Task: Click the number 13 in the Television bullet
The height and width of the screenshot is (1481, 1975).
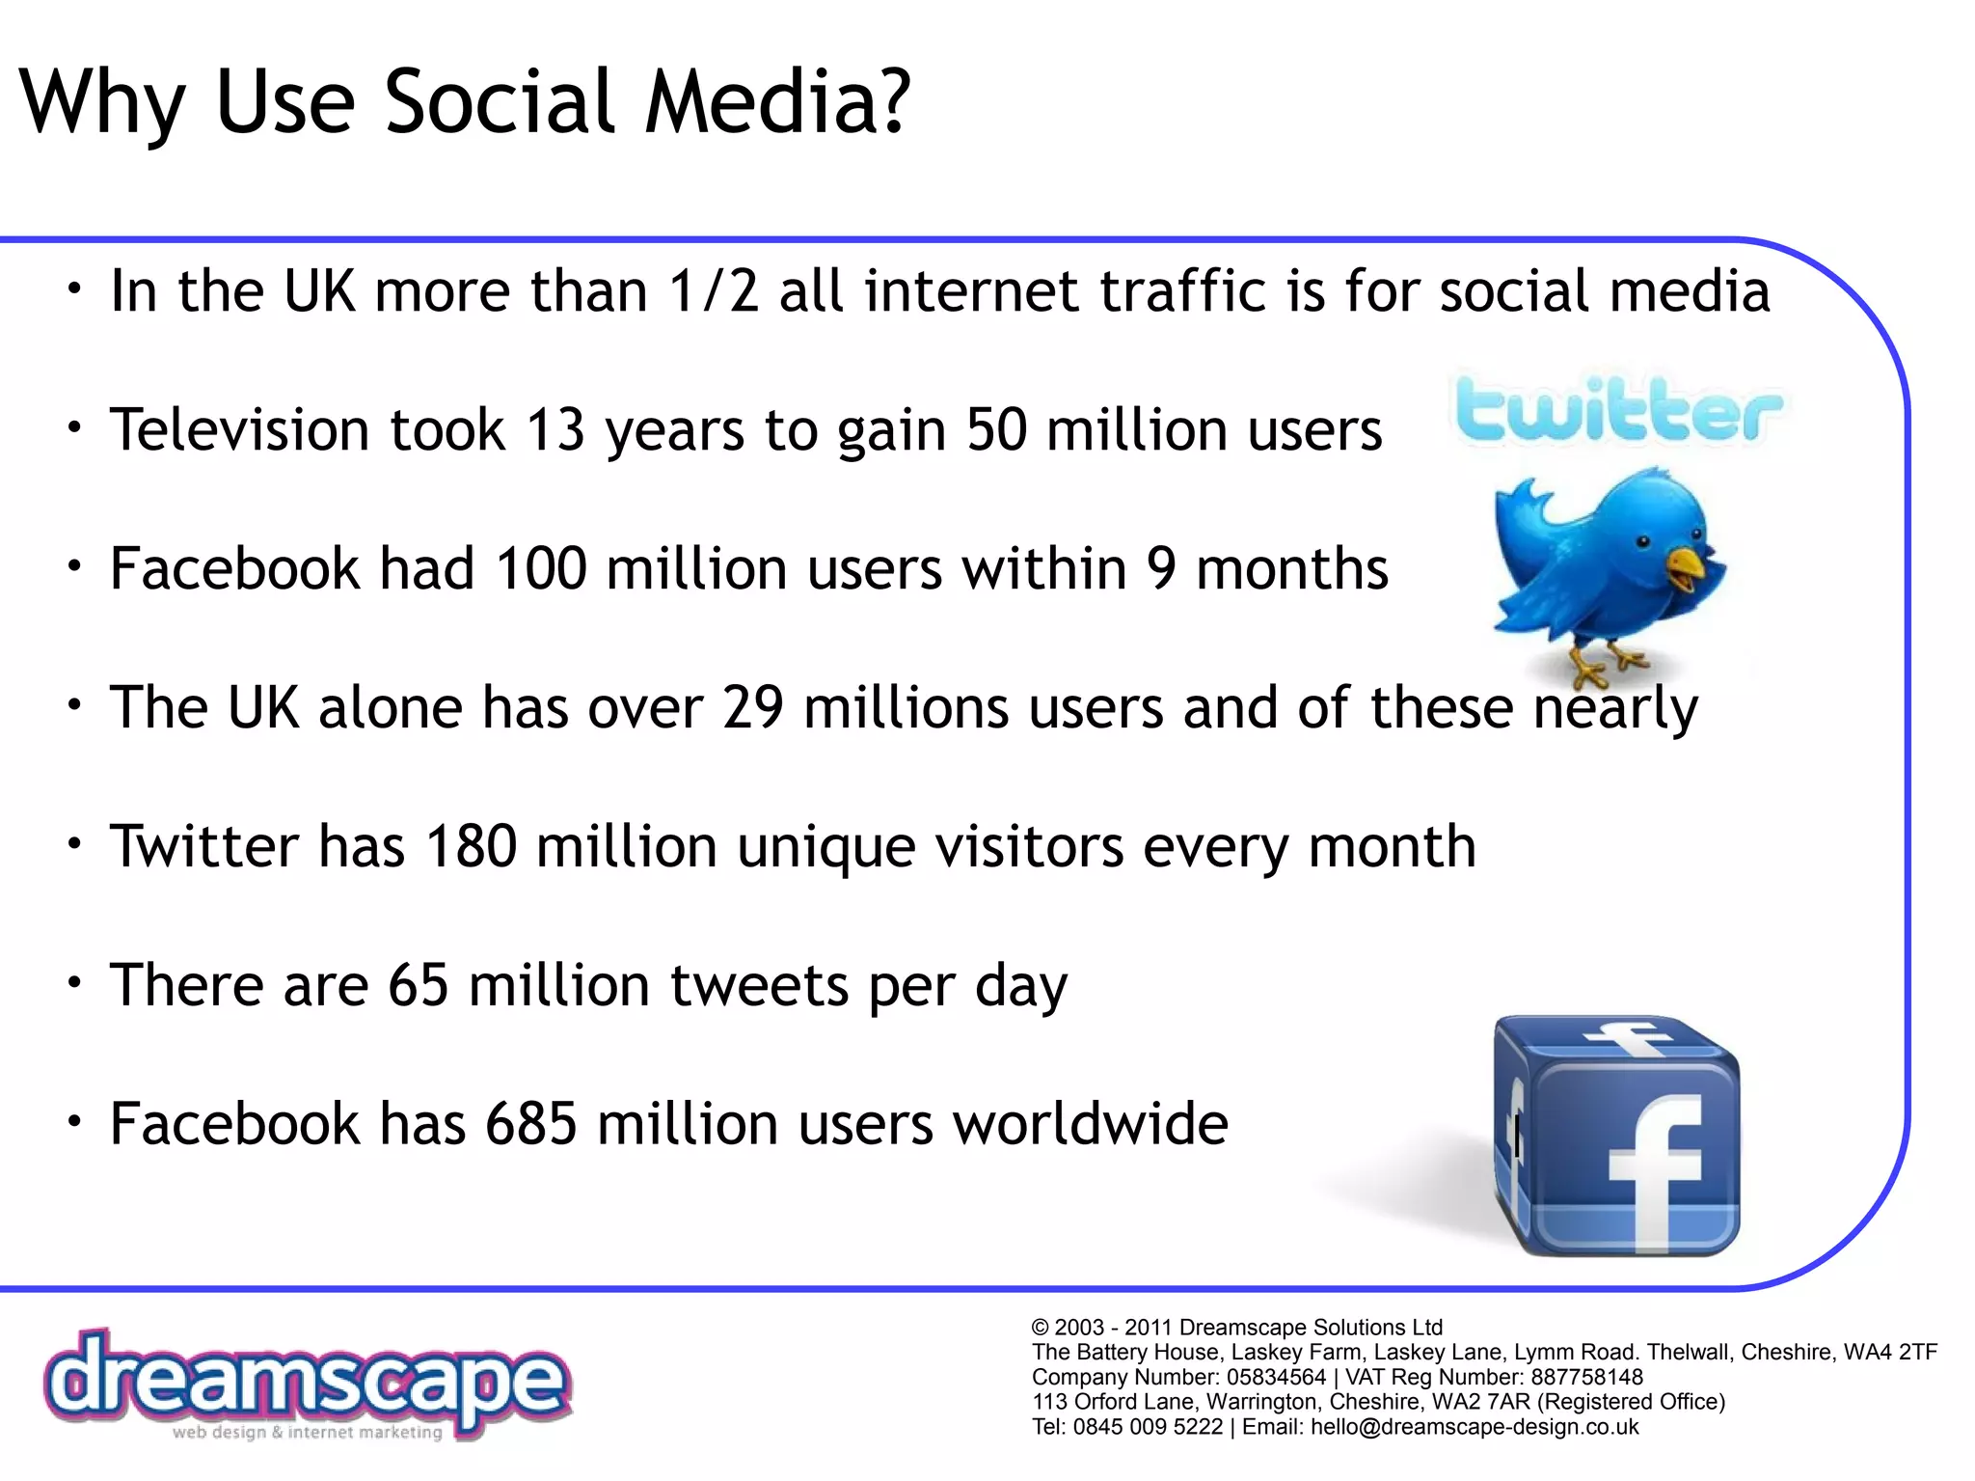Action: pyautogui.click(x=555, y=430)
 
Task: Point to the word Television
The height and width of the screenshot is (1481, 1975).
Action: pyautogui.click(x=239, y=430)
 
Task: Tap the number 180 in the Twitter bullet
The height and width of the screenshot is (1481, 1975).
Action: pyautogui.click(x=472, y=847)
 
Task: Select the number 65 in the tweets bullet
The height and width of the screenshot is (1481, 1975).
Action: pyautogui.click(x=419, y=986)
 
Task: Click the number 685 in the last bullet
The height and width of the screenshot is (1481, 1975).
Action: pyautogui.click(x=530, y=1125)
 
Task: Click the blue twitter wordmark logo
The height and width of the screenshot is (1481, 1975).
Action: pyautogui.click(x=1618, y=411)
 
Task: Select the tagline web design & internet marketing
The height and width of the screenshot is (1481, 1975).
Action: pyautogui.click(x=307, y=1433)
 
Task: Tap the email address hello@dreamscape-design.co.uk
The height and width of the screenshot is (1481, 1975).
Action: pyautogui.click(x=1474, y=1427)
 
